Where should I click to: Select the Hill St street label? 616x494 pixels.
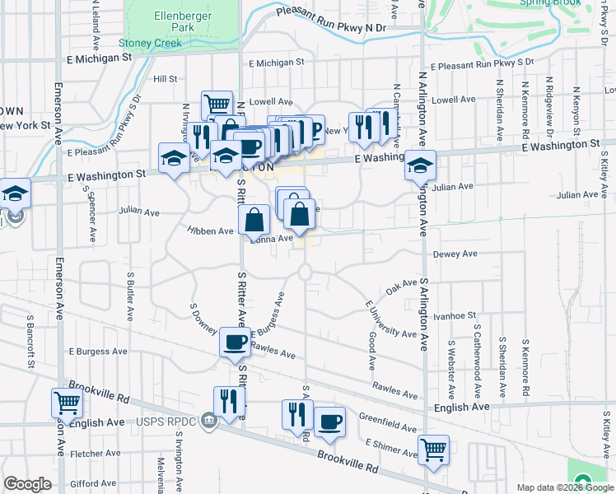pyautogui.click(x=166, y=79)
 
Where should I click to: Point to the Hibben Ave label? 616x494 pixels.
pyautogui.click(x=211, y=232)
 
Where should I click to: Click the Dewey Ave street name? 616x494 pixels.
pyautogui.click(x=455, y=254)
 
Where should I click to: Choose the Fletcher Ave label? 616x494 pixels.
pyautogui.click(x=97, y=454)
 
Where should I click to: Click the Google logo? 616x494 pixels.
pyautogui.click(x=27, y=484)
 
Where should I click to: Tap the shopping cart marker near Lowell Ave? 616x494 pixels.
pyautogui.click(x=216, y=105)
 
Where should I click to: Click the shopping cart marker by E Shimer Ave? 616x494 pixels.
pyautogui.click(x=433, y=450)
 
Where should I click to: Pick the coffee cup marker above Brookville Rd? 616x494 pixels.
pyautogui.click(x=329, y=422)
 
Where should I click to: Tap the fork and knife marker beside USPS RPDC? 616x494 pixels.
pyautogui.click(x=229, y=402)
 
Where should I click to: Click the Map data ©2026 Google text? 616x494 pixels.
pyautogui.click(x=564, y=487)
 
